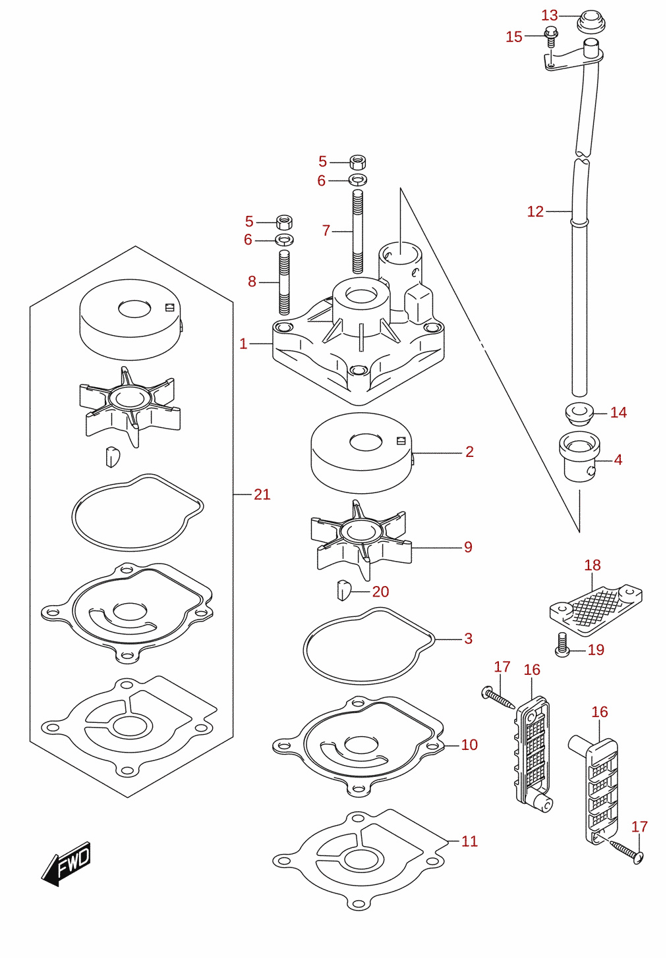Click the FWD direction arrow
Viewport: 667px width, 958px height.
pyautogui.click(x=66, y=863)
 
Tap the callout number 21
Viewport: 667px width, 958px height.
pyautogui.click(x=262, y=494)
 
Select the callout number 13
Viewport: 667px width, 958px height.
pyautogui.click(x=550, y=15)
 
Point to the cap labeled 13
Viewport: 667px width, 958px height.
pyautogui.click(x=591, y=21)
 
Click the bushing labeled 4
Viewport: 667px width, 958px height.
pyautogui.click(x=579, y=456)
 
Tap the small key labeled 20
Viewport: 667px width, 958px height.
pyautogui.click(x=343, y=591)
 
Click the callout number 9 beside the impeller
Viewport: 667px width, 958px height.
pyautogui.click(x=469, y=547)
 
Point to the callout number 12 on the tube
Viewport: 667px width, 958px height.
pyautogui.click(x=535, y=211)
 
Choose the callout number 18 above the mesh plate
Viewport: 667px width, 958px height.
pyautogui.click(x=593, y=565)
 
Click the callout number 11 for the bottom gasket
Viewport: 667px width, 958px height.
pyautogui.click(x=469, y=841)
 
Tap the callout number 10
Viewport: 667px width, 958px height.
pyautogui.click(x=469, y=745)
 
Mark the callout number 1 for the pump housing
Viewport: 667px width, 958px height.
pyautogui.click(x=243, y=344)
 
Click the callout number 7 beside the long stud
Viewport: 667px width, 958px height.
pyautogui.click(x=326, y=230)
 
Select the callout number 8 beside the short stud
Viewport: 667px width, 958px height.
pyautogui.click(x=252, y=281)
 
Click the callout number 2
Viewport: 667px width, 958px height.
pyautogui.click(x=470, y=452)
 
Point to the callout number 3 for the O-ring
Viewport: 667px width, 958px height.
pyautogui.click(x=469, y=638)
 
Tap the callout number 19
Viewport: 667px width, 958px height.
pyautogui.click(x=596, y=650)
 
